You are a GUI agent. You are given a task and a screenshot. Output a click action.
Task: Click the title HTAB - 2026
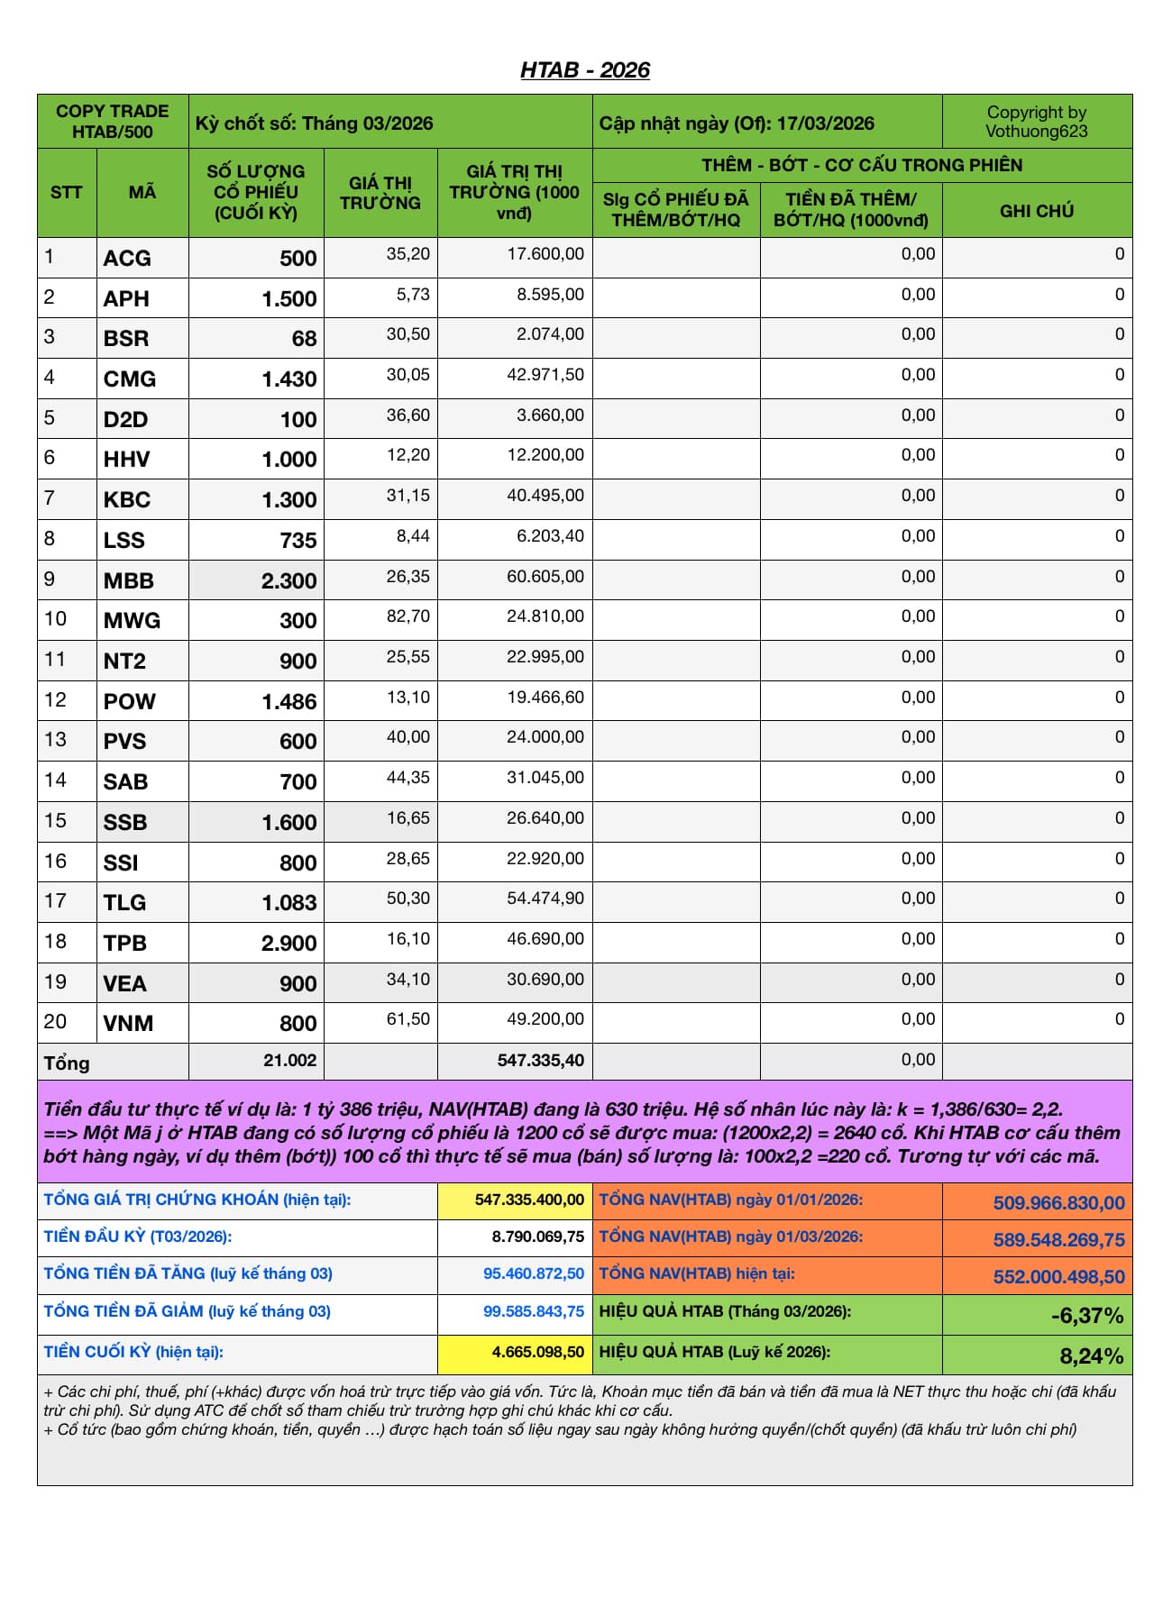tap(584, 70)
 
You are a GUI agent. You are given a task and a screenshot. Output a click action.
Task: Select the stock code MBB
tap(129, 581)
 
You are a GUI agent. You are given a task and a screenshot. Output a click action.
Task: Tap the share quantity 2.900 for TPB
tap(288, 944)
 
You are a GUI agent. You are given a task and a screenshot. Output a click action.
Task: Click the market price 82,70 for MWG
tap(407, 616)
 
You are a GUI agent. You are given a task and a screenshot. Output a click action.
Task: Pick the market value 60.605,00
tap(545, 577)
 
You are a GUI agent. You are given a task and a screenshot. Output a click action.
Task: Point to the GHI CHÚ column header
tap(1036, 211)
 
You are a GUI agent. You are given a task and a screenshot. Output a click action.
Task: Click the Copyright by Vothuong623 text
tap(1036, 122)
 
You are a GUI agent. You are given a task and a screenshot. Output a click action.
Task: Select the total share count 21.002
tap(289, 1061)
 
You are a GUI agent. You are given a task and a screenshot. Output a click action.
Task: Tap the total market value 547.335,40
tap(540, 1061)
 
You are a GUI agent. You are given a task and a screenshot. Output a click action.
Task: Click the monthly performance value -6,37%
tap(1086, 1316)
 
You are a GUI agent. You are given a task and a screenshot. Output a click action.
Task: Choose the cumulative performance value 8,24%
tap(1091, 1356)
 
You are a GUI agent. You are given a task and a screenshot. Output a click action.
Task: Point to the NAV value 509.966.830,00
tap(1058, 1203)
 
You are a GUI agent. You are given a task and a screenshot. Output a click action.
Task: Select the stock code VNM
tap(128, 1024)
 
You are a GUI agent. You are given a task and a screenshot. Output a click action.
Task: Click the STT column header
tap(67, 192)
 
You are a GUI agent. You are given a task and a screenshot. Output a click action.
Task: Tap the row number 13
tap(55, 740)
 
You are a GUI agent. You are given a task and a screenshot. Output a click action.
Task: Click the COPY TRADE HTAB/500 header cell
tap(113, 122)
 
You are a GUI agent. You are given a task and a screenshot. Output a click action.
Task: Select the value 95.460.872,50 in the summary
tap(533, 1274)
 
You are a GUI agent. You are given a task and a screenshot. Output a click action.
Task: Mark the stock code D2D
tap(125, 420)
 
